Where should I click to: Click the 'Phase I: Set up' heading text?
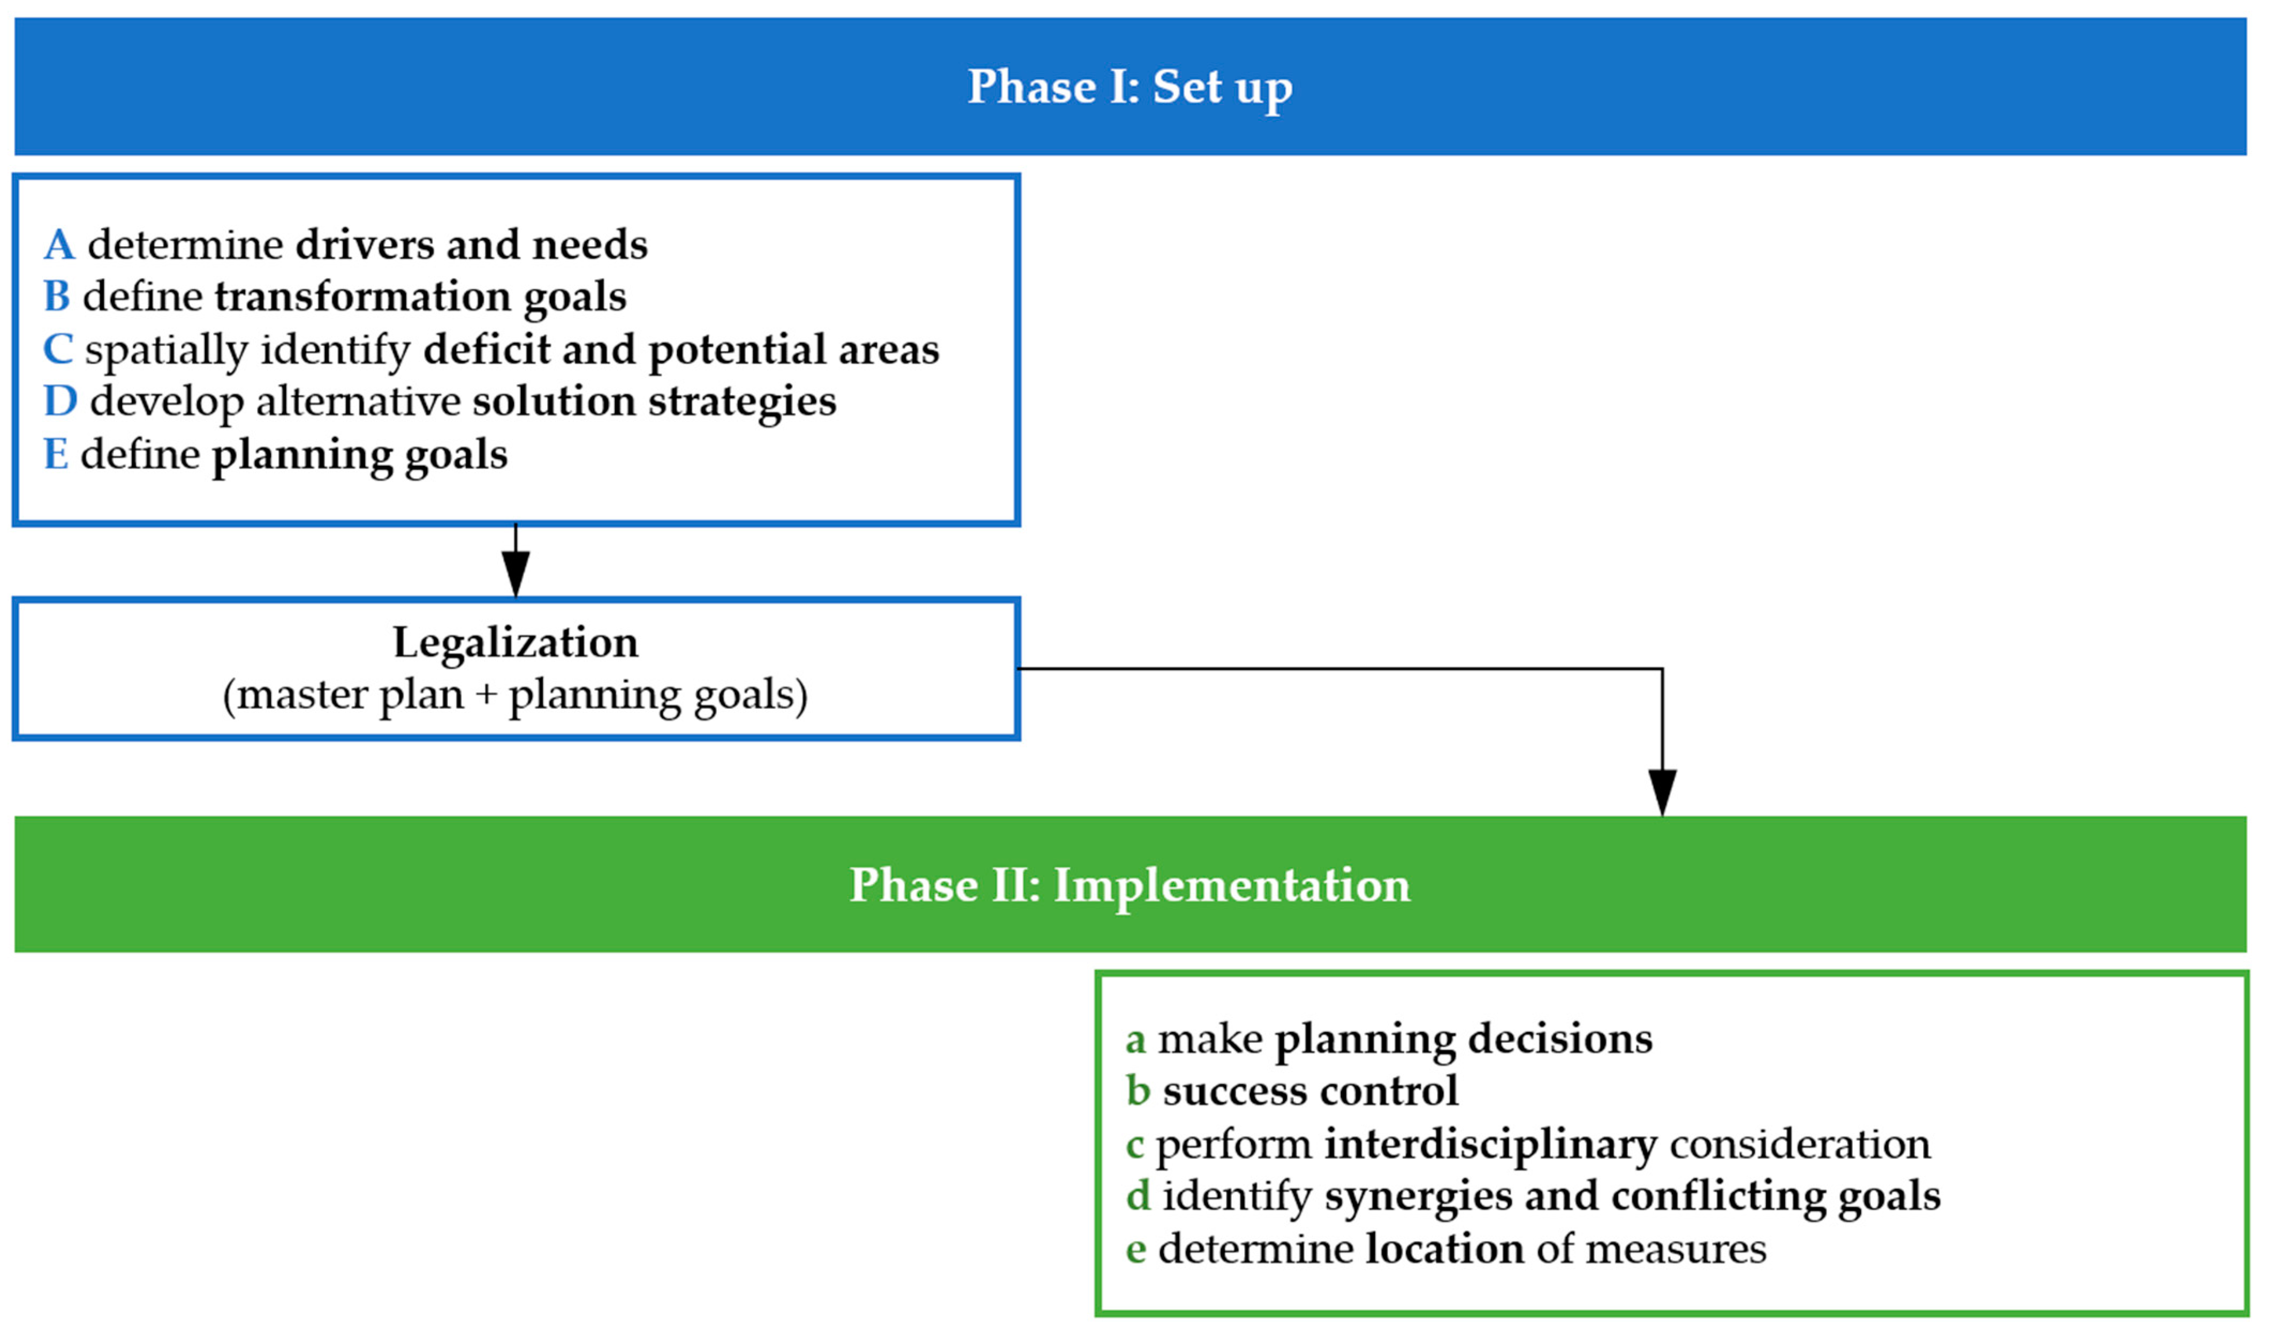pyautogui.click(x=1129, y=87)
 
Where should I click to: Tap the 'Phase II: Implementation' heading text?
pyautogui.click(x=1129, y=884)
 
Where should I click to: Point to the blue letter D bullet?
pyautogui.click(x=60, y=401)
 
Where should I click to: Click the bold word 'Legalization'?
pyautogui.click(x=515, y=643)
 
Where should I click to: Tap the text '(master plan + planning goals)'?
pyautogui.click(x=515, y=695)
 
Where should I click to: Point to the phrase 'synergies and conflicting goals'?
pyautogui.click(x=1632, y=1196)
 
